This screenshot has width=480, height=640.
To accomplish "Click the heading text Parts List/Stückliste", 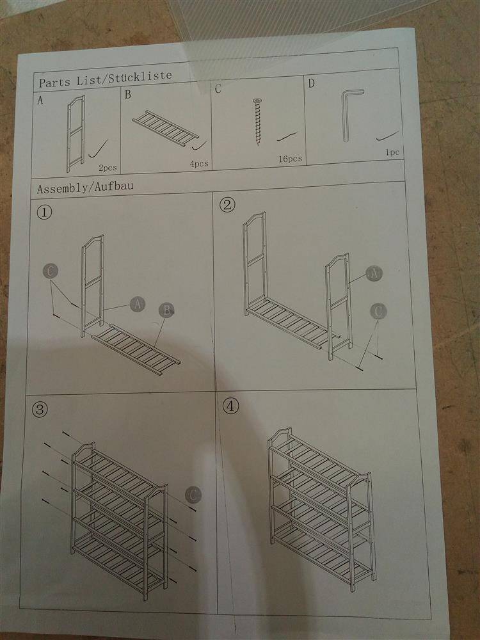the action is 106,79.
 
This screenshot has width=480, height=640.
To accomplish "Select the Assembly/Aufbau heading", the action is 85,188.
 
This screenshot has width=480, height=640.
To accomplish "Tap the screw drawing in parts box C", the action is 257,122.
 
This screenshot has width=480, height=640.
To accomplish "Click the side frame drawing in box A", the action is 76,134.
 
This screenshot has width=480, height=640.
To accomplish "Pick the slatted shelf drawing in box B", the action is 165,128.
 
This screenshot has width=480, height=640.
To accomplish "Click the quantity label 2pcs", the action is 108,168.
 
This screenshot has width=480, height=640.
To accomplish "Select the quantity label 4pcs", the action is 199,164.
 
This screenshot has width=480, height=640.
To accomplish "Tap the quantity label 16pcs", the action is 290,159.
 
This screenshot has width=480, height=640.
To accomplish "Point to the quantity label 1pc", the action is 392,152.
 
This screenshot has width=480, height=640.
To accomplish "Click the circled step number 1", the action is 44,212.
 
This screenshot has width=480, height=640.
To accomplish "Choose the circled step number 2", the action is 227,205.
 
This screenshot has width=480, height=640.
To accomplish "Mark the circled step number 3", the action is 40,410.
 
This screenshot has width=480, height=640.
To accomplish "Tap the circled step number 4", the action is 230,406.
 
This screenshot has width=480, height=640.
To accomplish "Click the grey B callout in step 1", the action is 166,310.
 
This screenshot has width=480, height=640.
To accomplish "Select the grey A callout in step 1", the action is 137,305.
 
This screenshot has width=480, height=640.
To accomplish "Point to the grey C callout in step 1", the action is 50,271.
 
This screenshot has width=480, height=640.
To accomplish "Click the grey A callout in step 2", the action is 374,273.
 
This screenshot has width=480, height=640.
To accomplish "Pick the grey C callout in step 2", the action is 378,312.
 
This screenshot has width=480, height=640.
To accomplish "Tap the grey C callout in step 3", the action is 193,495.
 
